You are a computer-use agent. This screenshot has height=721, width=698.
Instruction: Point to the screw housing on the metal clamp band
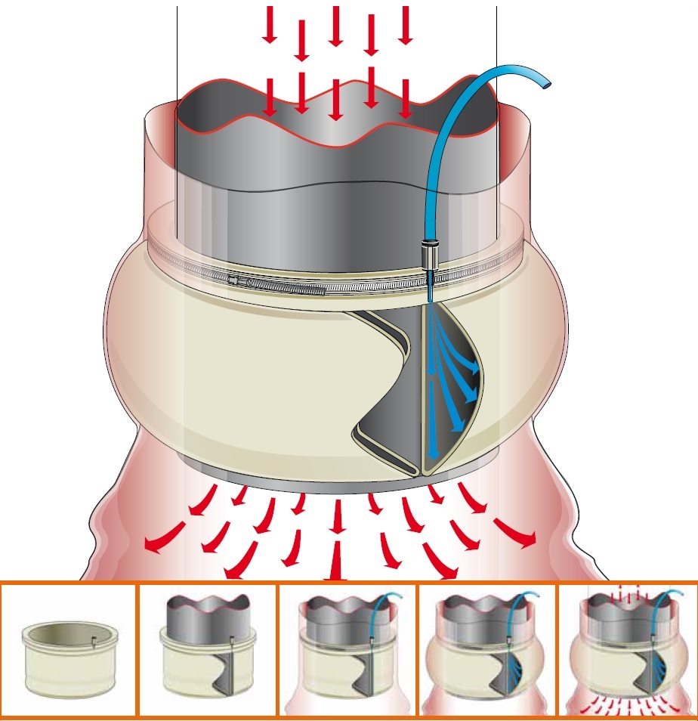[240, 280]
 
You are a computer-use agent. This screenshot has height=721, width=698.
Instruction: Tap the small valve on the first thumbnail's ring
[92, 642]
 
